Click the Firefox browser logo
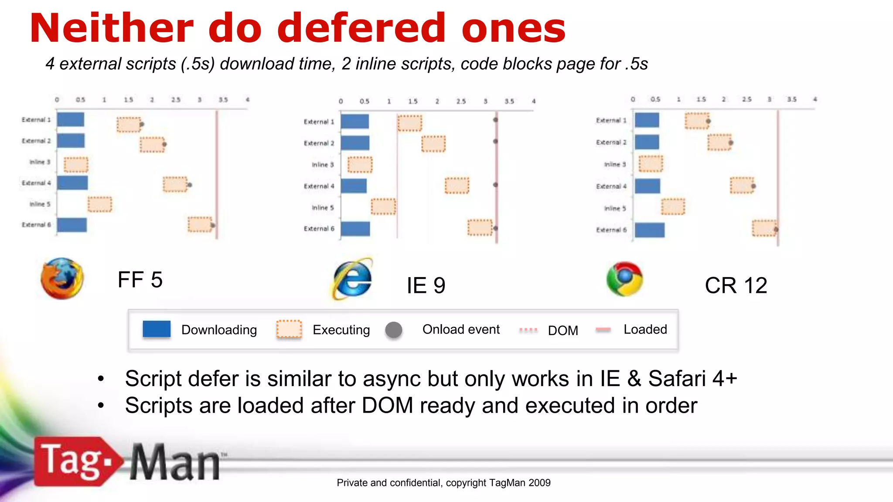point(62,278)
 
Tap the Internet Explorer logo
point(353,279)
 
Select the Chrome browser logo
point(624,279)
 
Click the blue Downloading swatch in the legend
point(157,329)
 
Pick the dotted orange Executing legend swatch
point(289,329)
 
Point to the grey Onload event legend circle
point(393,330)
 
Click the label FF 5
point(140,280)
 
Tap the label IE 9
point(426,286)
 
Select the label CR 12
point(736,286)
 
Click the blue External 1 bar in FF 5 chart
point(70,119)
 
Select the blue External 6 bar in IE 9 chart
point(355,229)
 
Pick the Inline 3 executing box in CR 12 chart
point(651,164)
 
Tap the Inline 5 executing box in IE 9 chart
point(383,207)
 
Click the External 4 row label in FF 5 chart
point(36,183)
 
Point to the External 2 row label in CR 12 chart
point(611,142)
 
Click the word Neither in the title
point(112,28)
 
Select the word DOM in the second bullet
point(387,406)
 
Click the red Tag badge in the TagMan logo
point(74,461)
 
